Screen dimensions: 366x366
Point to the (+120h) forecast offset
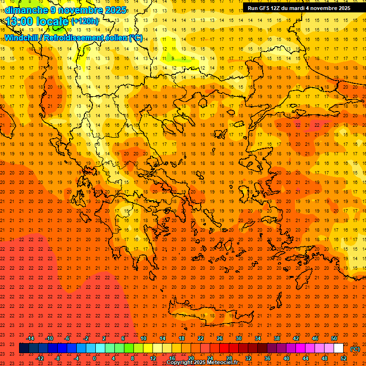click(x=85, y=21)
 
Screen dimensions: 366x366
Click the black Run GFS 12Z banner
click(x=299, y=8)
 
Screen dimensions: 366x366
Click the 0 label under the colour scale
click(x=94, y=358)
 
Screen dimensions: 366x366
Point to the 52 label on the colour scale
click(x=344, y=358)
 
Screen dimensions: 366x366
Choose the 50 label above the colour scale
click(x=334, y=338)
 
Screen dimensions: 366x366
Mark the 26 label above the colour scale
click(x=219, y=338)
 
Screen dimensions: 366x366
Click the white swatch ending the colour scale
click(x=338, y=348)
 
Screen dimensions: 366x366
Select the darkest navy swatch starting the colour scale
click(x=24, y=348)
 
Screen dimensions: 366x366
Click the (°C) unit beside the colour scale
click(x=355, y=349)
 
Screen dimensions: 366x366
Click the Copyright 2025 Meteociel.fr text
click(x=202, y=363)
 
